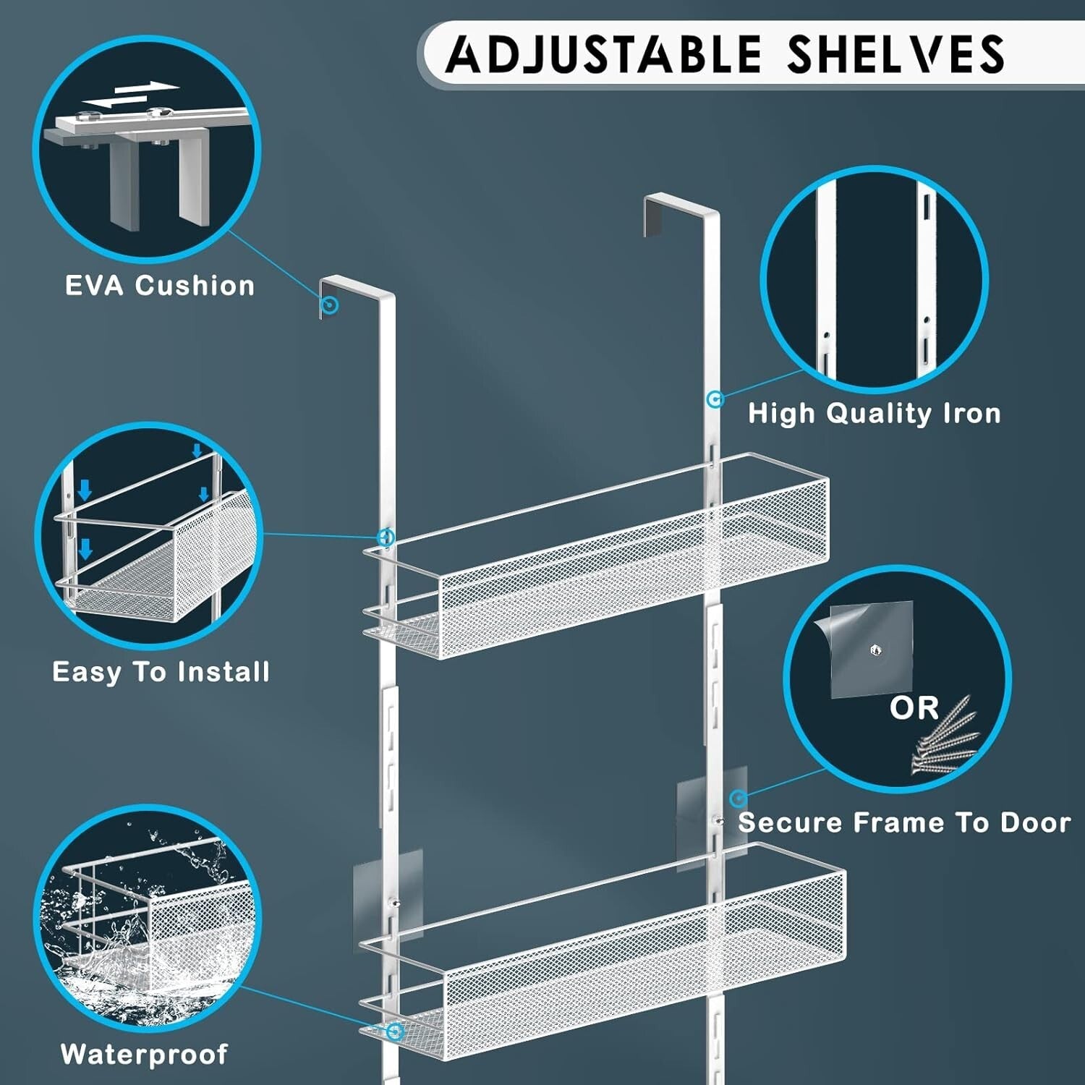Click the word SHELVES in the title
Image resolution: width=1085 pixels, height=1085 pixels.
pyautogui.click(x=895, y=54)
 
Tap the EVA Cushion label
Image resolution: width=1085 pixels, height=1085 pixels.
pyautogui.click(x=160, y=286)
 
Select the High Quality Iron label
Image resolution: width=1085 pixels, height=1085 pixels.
pyautogui.click(x=875, y=414)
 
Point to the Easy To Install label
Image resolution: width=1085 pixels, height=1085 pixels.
pyautogui.click(x=161, y=672)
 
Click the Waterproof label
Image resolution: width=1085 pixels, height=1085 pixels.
pyautogui.click(x=145, y=1054)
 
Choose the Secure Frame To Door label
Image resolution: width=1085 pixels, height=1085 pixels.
pyautogui.click(x=904, y=822)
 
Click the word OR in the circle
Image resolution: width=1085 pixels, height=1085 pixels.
pyautogui.click(x=914, y=708)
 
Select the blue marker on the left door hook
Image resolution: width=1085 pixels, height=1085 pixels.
pyautogui.click(x=330, y=305)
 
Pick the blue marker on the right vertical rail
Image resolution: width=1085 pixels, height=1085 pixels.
pyautogui.click(x=715, y=399)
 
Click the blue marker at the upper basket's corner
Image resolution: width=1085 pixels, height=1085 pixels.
pyautogui.click(x=386, y=537)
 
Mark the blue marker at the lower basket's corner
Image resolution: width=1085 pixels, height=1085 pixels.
pyautogui.click(x=394, y=1031)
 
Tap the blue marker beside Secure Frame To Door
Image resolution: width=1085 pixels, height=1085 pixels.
pyautogui.click(x=738, y=799)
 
